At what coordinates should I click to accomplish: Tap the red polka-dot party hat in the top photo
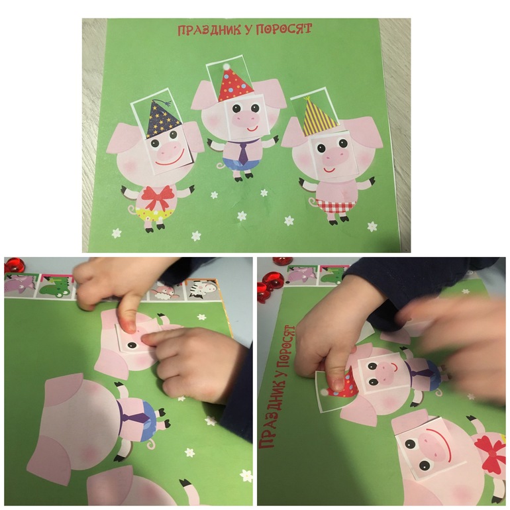click(x=235, y=85)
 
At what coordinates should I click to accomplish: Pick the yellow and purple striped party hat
click(x=318, y=116)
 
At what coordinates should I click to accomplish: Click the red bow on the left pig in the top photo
click(x=158, y=197)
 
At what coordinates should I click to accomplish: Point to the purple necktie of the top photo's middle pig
click(x=243, y=154)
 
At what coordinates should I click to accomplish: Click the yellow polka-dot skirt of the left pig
click(x=154, y=215)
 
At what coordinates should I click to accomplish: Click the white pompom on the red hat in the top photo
click(x=226, y=66)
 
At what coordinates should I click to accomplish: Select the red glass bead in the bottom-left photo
click(x=13, y=265)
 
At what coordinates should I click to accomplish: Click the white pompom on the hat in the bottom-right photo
click(x=324, y=393)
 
